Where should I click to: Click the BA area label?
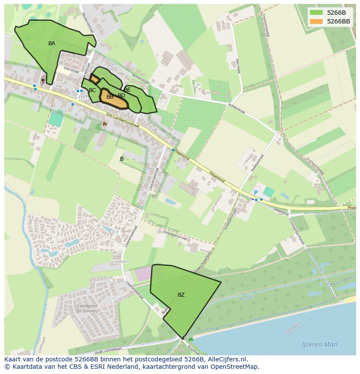pos(52,43)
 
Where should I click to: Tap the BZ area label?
pos(181,295)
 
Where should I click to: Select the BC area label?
pos(92,90)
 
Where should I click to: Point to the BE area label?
pos(127,90)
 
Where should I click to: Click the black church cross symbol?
pos(43,80)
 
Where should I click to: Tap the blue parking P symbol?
pos(256,193)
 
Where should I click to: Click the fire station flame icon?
pos(105,124)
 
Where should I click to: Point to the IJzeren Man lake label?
pos(320,344)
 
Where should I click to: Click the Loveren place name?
pos(120,262)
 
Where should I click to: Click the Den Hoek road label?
pos(238,66)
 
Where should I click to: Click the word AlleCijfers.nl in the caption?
pos(226,359)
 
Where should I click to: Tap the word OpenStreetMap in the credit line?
pos(234,367)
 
